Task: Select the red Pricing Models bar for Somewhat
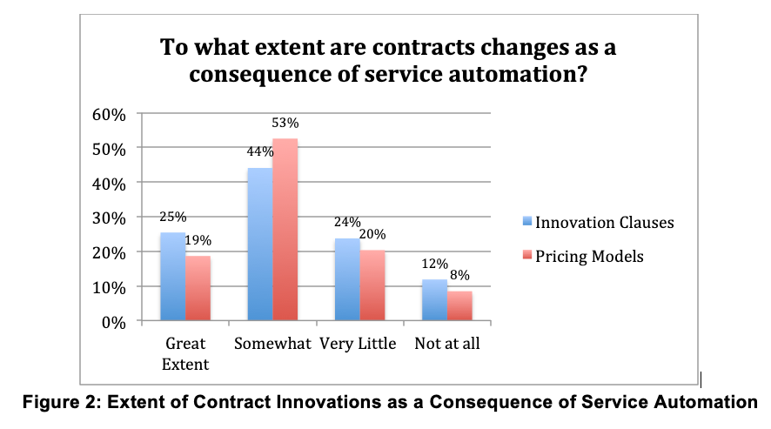tap(285, 230)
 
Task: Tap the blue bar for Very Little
tap(347, 279)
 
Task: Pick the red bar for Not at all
tap(459, 306)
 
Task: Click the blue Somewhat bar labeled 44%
tap(259, 245)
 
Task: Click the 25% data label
tap(172, 218)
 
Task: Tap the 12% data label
tap(434, 265)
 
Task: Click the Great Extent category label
tap(185, 353)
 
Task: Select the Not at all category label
tap(447, 344)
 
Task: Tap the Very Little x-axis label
tap(358, 344)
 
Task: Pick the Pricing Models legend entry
tap(584, 256)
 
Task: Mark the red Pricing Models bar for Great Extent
tap(198, 288)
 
